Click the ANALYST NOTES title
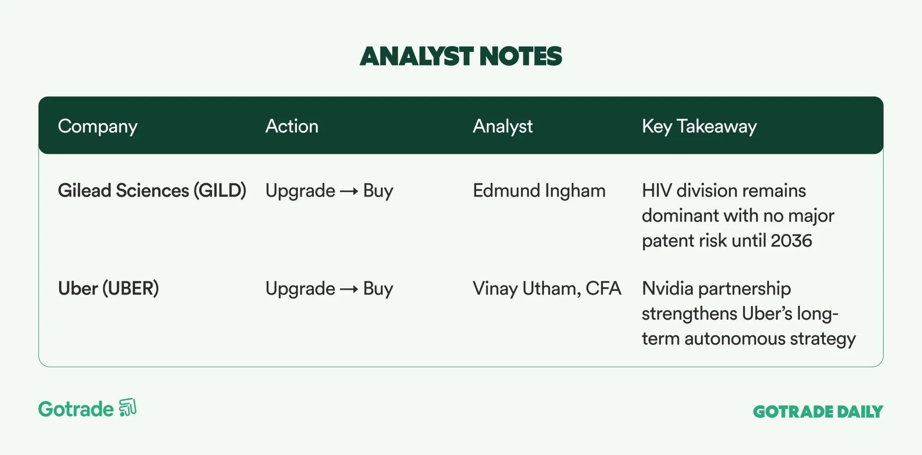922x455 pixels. [x=461, y=56]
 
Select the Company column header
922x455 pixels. [x=98, y=127]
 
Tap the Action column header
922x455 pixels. [x=292, y=126]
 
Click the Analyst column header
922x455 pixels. [x=502, y=127]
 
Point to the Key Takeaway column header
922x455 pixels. [x=699, y=127]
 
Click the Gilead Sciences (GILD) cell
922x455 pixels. [x=152, y=191]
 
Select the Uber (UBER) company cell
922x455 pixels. [x=108, y=289]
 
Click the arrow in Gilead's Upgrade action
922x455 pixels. [x=349, y=191]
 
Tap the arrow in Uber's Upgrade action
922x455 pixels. [x=349, y=289]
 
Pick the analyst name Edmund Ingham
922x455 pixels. [x=539, y=191]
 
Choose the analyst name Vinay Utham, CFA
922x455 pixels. [x=547, y=289]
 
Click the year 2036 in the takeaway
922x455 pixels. [x=792, y=241]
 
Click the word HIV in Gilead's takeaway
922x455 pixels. [x=657, y=191]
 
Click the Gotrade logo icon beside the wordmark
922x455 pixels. [x=128, y=408]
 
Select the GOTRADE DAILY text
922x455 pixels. [x=818, y=412]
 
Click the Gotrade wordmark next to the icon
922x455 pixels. [x=76, y=409]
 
